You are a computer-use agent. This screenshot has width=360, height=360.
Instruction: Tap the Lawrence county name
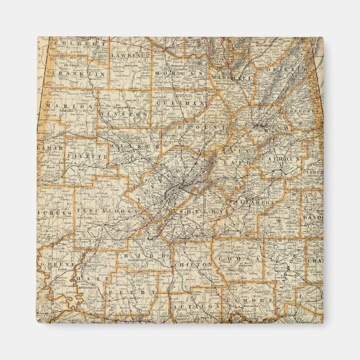(x=131, y=56)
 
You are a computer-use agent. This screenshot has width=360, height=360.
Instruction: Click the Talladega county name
(x=249, y=200)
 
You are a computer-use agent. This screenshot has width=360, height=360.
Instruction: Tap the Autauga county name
(x=189, y=307)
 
